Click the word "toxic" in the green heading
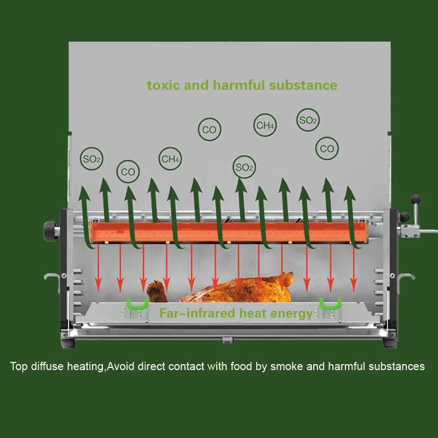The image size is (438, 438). pos(162,85)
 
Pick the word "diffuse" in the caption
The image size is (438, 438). pos(46,366)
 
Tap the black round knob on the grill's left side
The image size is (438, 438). pos(50,230)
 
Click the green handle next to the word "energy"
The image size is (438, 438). pos(330,304)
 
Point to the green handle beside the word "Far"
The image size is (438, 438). pos(137,304)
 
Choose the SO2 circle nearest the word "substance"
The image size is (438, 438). pos(308,120)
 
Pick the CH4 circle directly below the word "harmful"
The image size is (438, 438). pos(265,125)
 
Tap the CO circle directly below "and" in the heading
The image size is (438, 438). pos(209,130)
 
